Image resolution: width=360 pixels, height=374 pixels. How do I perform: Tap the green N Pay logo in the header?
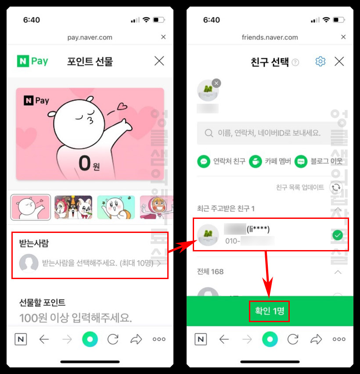click(x=32, y=61)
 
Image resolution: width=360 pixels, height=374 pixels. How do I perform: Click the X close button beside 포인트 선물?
click(x=159, y=61)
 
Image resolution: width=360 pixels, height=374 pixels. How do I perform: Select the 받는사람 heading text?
click(x=33, y=243)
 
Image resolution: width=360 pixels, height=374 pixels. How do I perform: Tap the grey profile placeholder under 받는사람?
click(x=29, y=263)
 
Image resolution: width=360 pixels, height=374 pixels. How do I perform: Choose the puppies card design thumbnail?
click(x=73, y=207)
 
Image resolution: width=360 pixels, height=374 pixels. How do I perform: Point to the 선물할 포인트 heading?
click(x=42, y=302)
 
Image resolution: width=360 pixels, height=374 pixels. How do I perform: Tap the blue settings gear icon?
click(x=320, y=62)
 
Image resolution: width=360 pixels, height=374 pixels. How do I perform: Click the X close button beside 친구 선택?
click(x=339, y=62)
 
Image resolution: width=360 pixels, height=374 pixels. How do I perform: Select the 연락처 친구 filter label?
click(x=229, y=161)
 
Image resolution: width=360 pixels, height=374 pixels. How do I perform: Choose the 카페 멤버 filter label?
click(x=277, y=161)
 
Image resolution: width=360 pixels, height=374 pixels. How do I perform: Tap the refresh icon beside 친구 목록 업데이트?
click(x=336, y=187)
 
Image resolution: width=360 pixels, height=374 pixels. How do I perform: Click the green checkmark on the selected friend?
click(x=337, y=236)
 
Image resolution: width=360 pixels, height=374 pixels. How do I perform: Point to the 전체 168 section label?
click(x=210, y=272)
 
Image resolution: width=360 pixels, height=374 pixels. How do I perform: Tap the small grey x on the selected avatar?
click(x=216, y=83)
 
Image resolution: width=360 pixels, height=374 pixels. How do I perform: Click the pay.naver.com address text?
click(x=90, y=37)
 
